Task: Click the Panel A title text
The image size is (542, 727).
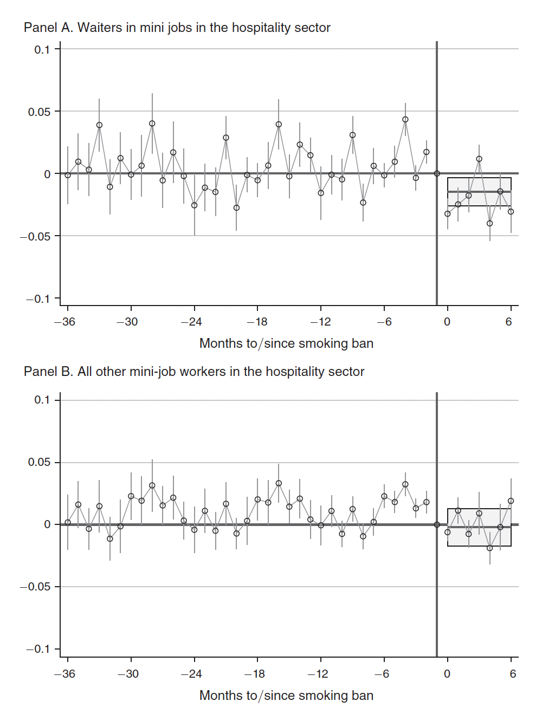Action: click(x=177, y=28)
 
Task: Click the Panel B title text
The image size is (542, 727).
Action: click(x=193, y=372)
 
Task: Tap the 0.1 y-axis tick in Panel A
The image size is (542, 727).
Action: click(x=42, y=50)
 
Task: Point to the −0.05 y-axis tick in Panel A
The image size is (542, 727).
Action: click(x=38, y=237)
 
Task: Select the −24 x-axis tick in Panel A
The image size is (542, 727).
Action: click(x=191, y=322)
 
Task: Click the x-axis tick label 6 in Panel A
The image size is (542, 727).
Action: click(x=508, y=322)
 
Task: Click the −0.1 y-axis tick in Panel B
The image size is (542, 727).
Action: click(x=38, y=649)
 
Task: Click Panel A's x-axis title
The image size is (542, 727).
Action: click(x=286, y=343)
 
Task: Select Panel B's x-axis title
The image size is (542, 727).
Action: click(x=286, y=696)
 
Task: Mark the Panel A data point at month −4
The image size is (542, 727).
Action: click(x=405, y=120)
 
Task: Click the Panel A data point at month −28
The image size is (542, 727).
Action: click(x=152, y=124)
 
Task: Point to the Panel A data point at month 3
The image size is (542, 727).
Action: click(x=479, y=159)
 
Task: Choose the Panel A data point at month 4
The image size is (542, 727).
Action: click(x=490, y=223)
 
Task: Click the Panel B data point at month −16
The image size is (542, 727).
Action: click(x=279, y=483)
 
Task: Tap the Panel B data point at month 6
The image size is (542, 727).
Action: click(x=511, y=501)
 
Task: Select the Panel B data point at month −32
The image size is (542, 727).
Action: click(x=110, y=538)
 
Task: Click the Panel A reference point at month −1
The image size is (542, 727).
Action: click(x=437, y=174)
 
